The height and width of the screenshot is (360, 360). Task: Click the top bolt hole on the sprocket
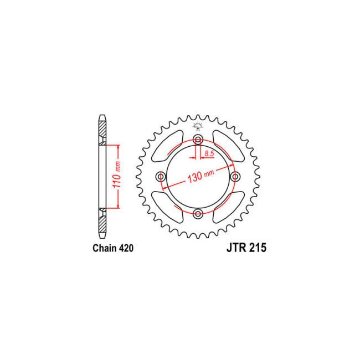pos(198,139)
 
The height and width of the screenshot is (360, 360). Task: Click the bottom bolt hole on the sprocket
pos(198,214)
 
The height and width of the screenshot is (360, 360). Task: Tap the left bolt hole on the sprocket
pos(161,177)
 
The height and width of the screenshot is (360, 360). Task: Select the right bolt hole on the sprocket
pos(235,177)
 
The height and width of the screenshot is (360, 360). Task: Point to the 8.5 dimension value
pos(209,153)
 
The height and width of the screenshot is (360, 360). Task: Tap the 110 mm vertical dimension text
pos(117,174)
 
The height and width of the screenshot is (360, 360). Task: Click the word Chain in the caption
pos(105,248)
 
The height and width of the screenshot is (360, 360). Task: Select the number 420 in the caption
pos(126,248)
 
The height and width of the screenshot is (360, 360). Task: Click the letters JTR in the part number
pos(236,248)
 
